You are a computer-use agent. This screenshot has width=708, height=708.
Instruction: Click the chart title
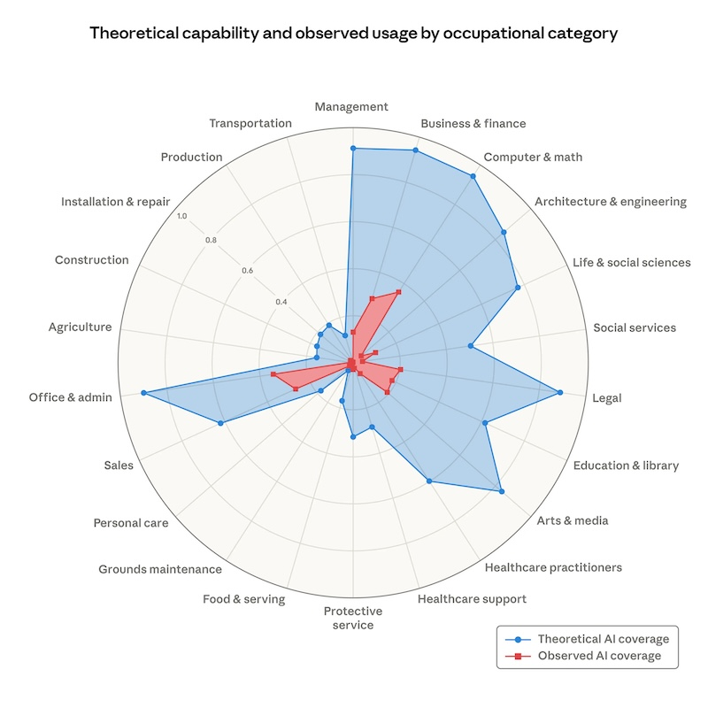(353, 35)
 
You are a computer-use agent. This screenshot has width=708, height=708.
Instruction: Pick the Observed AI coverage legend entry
(588, 656)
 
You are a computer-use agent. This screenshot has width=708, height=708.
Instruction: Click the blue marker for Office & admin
(143, 392)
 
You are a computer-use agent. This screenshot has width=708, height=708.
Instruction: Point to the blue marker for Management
(352, 149)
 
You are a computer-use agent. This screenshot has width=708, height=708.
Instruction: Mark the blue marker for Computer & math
(473, 176)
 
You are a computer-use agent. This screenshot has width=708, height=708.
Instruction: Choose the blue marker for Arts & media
(501, 491)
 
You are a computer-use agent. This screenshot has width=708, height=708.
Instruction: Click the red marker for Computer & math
(399, 291)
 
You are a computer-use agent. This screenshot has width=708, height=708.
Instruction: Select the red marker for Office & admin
(273, 375)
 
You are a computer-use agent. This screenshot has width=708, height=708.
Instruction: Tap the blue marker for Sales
(220, 424)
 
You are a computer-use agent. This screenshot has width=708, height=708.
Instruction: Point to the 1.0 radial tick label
(181, 216)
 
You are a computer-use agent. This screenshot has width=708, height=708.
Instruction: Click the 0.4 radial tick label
(281, 303)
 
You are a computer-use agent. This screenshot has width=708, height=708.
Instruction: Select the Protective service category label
(352, 618)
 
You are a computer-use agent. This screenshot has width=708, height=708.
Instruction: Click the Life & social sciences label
(631, 262)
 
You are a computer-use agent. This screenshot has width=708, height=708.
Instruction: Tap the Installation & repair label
(115, 202)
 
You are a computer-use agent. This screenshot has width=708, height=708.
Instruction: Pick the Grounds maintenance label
(160, 569)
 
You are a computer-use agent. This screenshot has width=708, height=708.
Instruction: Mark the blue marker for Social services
(471, 346)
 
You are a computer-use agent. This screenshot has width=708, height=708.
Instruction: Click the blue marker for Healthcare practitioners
(429, 481)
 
